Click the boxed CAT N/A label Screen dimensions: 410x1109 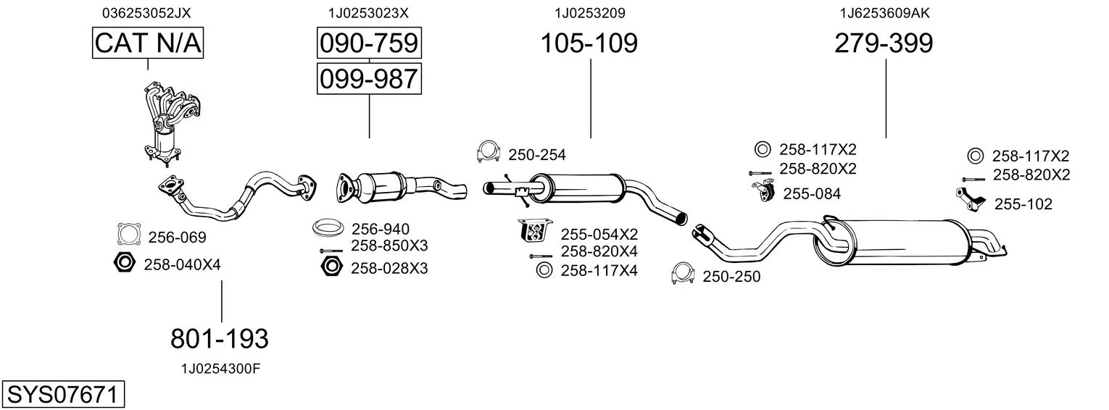coord(148,43)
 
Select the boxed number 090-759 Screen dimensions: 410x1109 coord(369,43)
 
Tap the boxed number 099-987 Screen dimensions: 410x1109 coord(369,78)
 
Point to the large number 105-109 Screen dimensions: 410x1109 coord(589,43)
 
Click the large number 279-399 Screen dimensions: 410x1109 coord(884,43)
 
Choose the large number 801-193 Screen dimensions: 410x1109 coord(220,338)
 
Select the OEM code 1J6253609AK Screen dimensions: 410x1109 coord(884,12)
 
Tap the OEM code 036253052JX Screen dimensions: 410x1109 coord(147,12)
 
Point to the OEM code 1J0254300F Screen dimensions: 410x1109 coord(220,369)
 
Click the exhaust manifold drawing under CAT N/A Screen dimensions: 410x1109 coord(168,120)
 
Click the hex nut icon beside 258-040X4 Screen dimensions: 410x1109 coord(124,264)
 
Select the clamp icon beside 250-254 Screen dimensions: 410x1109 coord(489,152)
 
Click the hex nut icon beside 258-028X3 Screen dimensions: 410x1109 coord(331,267)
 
